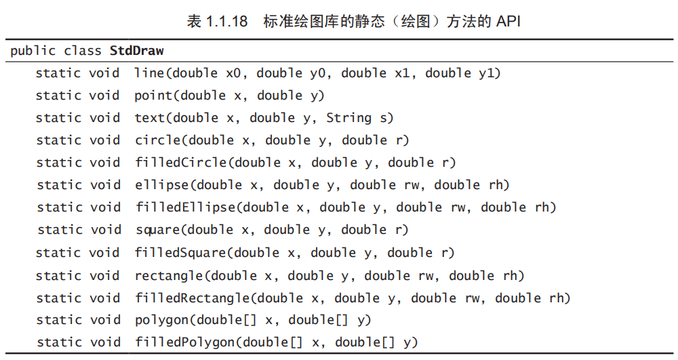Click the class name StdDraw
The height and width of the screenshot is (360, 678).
point(132,51)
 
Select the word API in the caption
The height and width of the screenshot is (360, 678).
point(508,21)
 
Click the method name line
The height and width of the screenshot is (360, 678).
point(149,73)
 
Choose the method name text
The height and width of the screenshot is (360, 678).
point(149,118)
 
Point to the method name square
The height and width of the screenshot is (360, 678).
point(157,230)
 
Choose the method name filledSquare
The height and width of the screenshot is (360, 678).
point(180,253)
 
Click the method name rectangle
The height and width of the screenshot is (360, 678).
point(169,275)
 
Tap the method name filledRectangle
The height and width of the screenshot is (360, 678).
point(192,298)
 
